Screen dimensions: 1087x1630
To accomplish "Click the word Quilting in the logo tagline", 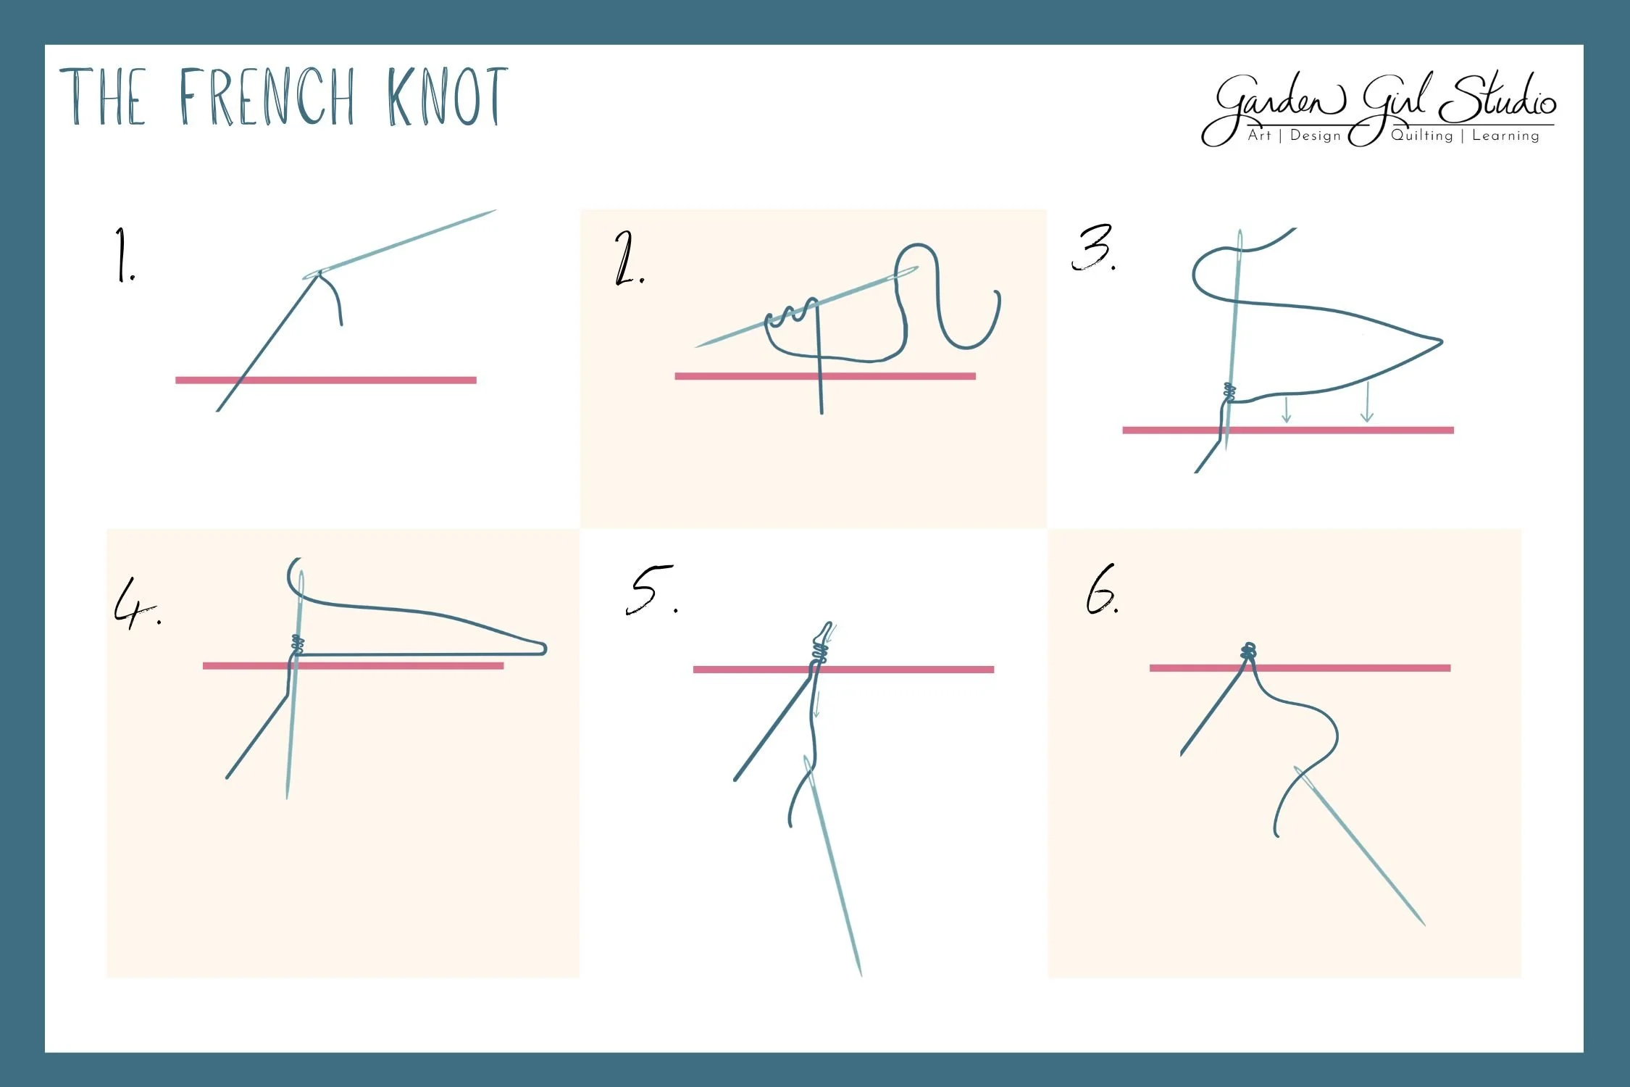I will [1421, 136].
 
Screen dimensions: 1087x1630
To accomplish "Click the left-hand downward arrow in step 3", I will [1286, 411].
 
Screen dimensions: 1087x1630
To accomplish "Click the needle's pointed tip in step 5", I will [860, 973].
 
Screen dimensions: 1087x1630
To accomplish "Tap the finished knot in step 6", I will [1248, 651].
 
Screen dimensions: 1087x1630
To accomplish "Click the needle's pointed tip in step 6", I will [1424, 924].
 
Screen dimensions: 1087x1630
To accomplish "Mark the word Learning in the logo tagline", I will [1505, 136].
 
